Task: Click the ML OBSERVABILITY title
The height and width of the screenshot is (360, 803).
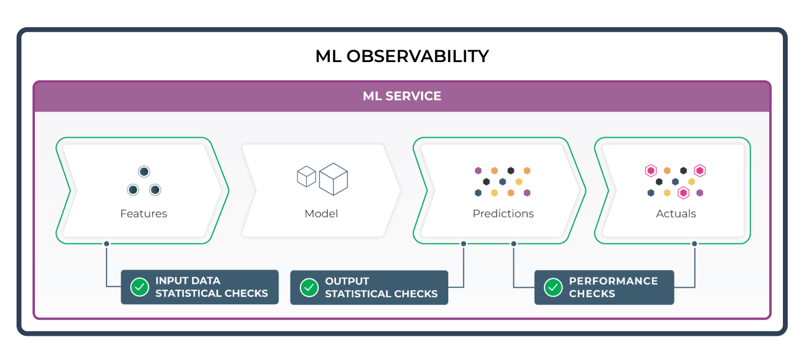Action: click(401, 57)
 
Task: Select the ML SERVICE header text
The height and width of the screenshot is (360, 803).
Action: click(401, 96)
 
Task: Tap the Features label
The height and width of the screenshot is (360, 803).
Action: click(144, 214)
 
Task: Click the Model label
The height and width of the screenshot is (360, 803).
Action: click(321, 214)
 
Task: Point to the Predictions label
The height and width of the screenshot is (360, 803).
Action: click(503, 214)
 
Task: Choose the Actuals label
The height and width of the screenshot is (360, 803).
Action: click(676, 214)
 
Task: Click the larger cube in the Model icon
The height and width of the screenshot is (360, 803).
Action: click(333, 179)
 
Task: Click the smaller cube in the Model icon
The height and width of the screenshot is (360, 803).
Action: click(306, 176)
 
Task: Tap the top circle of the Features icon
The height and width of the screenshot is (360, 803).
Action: click(144, 171)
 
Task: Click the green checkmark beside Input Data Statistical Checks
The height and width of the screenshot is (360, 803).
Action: click(140, 287)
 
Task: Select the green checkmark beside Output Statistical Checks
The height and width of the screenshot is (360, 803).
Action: click(309, 288)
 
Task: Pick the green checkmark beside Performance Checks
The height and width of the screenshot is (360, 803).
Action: click(553, 287)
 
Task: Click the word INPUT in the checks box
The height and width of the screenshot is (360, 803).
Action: click(171, 281)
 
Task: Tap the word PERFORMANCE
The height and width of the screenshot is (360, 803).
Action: click(613, 281)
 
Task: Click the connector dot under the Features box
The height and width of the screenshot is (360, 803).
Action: click(106, 244)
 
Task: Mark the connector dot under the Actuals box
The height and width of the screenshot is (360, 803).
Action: click(694, 244)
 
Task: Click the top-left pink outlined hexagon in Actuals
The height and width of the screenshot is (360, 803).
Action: click(650, 171)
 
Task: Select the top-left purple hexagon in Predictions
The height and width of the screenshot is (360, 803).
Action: click(478, 171)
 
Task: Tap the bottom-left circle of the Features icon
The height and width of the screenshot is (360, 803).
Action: click(133, 190)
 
